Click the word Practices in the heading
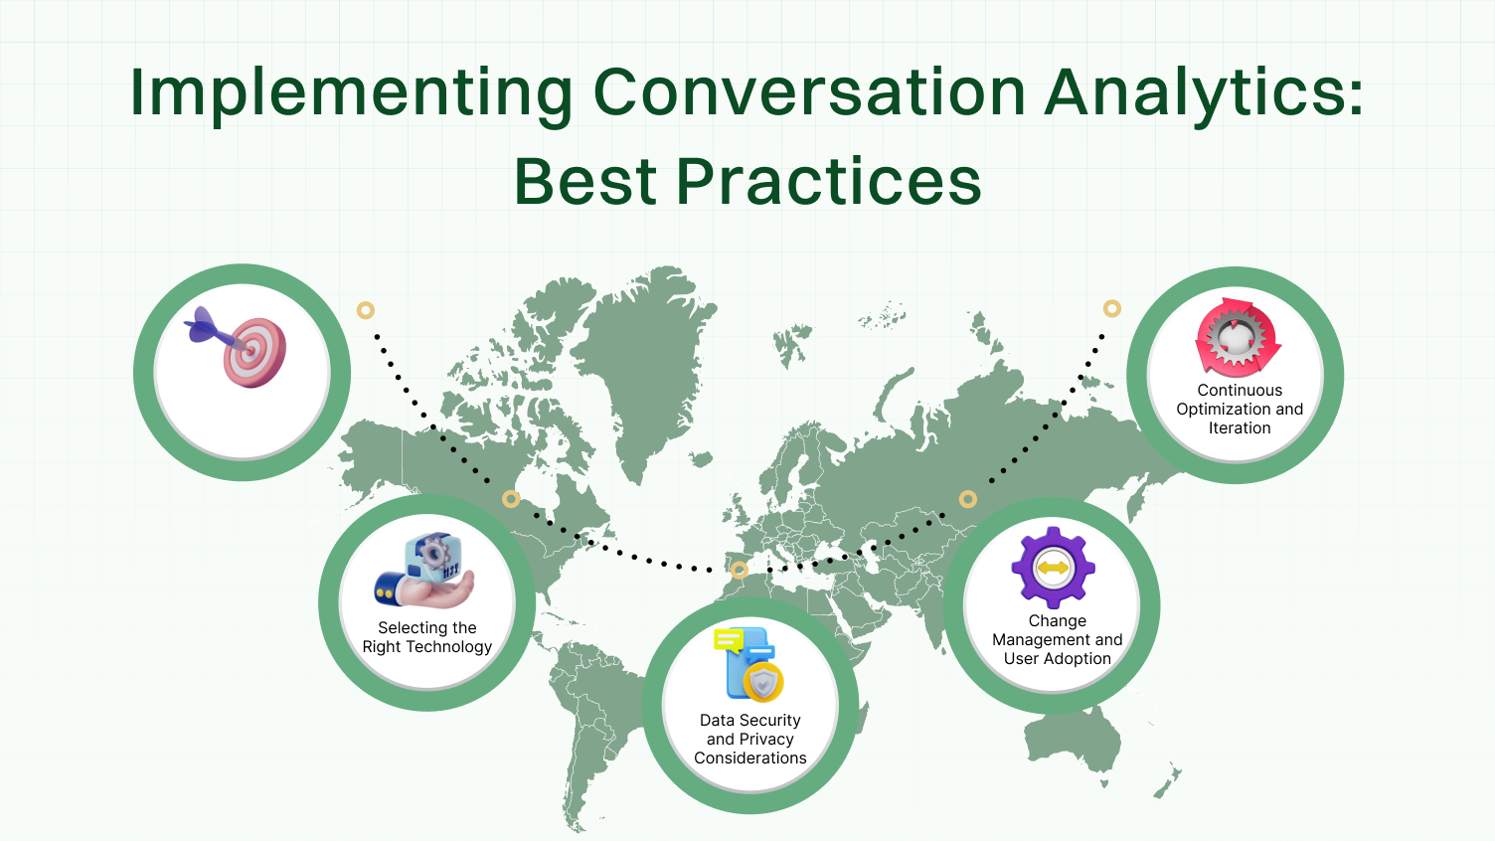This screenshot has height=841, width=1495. click(x=829, y=182)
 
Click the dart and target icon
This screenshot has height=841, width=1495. click(x=239, y=345)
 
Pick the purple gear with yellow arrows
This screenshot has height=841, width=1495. click(x=1053, y=568)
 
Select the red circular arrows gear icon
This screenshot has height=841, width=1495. click(x=1237, y=338)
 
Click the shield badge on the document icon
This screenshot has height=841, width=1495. click(x=763, y=683)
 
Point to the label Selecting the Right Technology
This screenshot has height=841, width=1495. click(x=427, y=637)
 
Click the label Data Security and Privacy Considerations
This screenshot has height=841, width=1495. click(x=750, y=739)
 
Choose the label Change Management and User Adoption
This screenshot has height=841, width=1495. click(x=1057, y=639)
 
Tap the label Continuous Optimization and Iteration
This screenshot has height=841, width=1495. click(x=1240, y=409)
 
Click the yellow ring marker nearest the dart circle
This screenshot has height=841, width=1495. click(x=366, y=310)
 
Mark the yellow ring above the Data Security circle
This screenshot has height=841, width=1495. click(x=739, y=571)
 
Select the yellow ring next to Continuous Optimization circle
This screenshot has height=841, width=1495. click(x=1112, y=309)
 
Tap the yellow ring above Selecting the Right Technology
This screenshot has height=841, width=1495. click(x=511, y=499)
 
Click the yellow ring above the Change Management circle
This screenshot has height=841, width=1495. click(x=967, y=499)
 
